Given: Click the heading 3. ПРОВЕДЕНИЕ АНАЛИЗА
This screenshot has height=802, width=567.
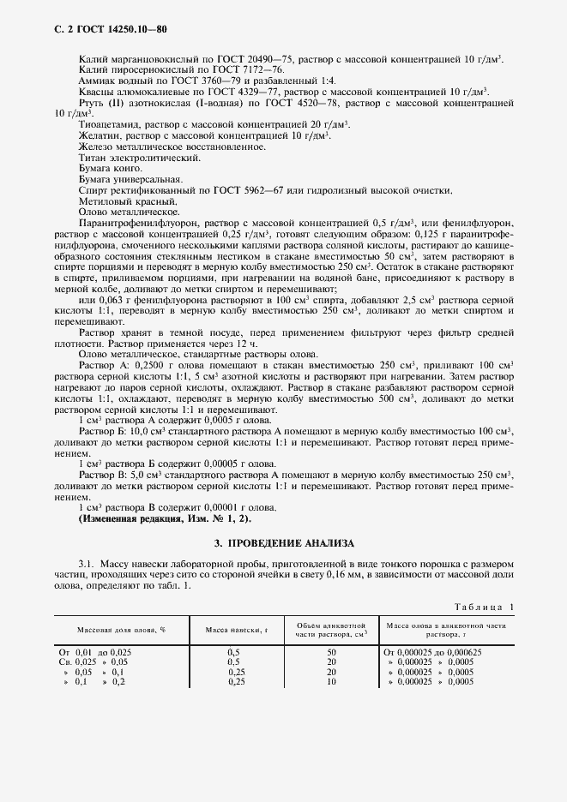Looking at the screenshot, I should (283, 543).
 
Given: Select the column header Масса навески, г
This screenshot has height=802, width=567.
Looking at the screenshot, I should (237, 630).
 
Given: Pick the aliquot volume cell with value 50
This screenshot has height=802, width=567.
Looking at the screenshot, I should (332, 652).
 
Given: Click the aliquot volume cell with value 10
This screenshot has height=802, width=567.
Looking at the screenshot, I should (332, 681).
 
